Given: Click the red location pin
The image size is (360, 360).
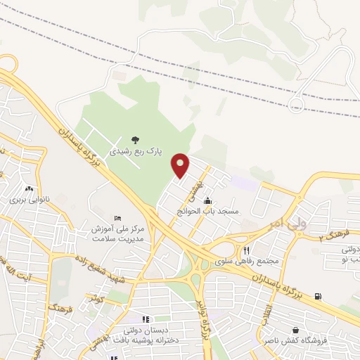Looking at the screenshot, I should [181, 165].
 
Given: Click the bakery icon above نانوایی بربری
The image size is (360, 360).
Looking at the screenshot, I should [29, 189].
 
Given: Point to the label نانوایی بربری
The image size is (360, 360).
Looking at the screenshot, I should [29, 200].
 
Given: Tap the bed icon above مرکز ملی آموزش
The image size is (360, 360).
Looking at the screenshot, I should [117, 219].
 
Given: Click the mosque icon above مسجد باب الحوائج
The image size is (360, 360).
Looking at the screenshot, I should [207, 201].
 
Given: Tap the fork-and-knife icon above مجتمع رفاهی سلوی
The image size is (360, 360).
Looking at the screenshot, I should [246, 250].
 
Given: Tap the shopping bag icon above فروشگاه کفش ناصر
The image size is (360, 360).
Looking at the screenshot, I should [296, 330].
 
